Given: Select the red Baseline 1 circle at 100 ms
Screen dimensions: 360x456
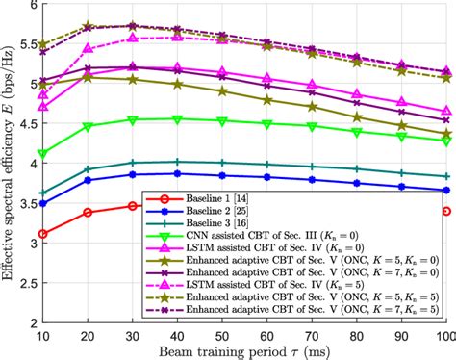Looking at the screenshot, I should coord(445,211).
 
